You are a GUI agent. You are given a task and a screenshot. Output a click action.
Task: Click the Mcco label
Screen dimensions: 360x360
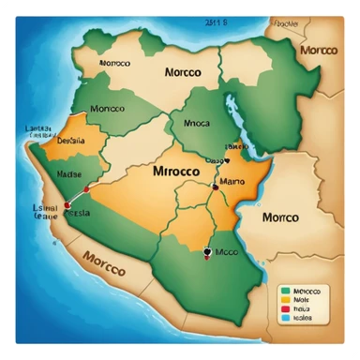(226, 251)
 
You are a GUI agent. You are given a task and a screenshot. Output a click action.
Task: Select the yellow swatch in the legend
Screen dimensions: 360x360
(285, 301)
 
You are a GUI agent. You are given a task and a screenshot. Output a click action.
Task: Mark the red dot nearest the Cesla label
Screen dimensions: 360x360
(67, 204)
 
